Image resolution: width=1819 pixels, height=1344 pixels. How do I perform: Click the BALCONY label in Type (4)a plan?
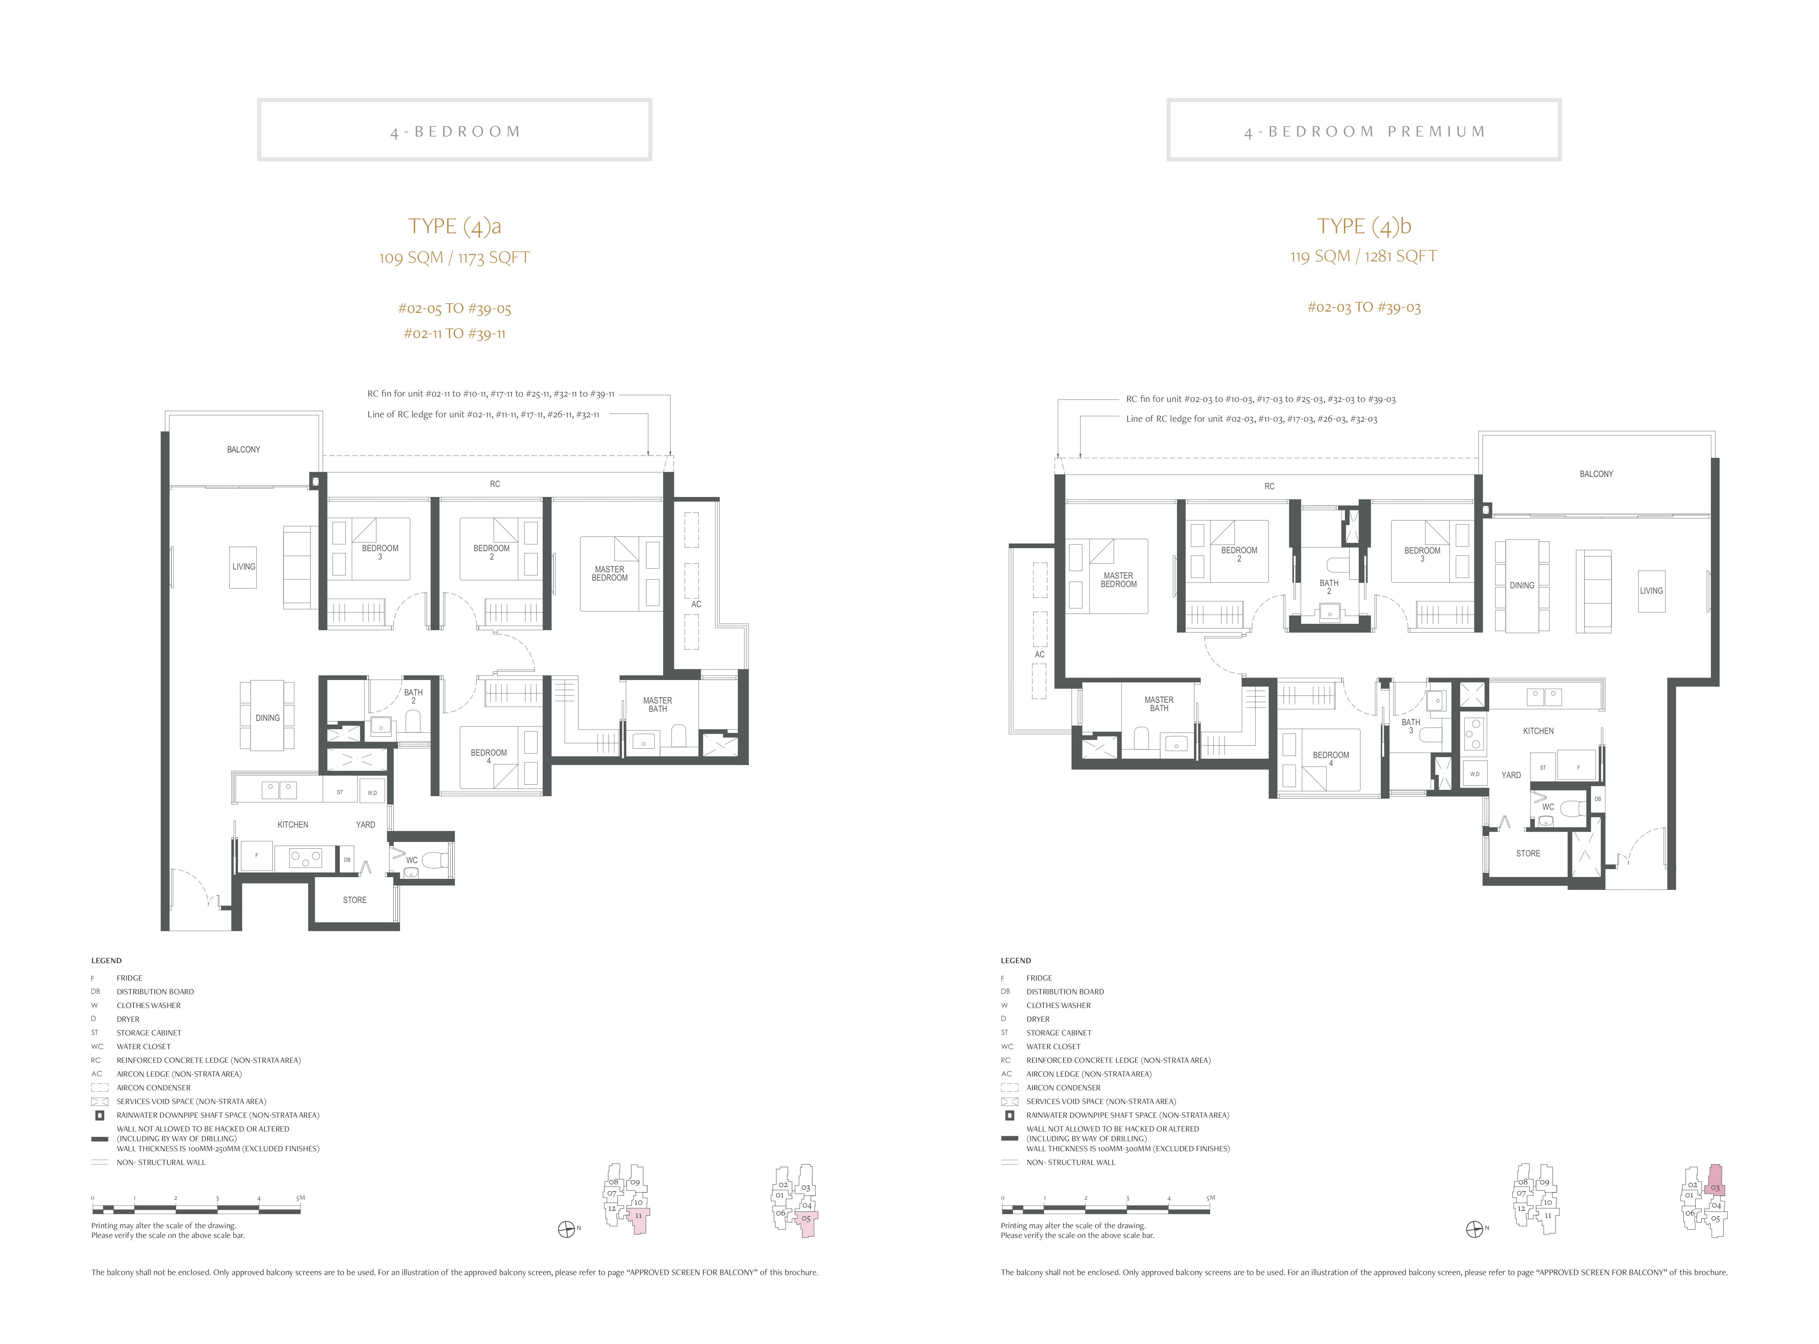pyautogui.click(x=243, y=449)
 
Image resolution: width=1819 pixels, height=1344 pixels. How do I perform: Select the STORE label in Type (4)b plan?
pyautogui.click(x=1528, y=853)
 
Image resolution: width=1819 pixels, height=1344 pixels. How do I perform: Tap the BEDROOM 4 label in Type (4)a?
pyautogui.click(x=488, y=757)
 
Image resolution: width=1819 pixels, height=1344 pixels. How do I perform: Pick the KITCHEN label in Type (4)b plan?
pyautogui.click(x=1538, y=731)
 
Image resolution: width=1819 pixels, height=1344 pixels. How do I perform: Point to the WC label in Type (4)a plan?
pyautogui.click(x=412, y=860)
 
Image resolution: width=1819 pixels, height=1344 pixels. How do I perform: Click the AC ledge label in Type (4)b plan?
pyautogui.click(x=1039, y=654)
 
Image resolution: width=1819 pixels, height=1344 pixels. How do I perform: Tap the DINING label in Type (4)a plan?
pyautogui.click(x=267, y=718)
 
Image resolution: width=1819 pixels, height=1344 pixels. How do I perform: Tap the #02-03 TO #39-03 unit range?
pyautogui.click(x=1364, y=308)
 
